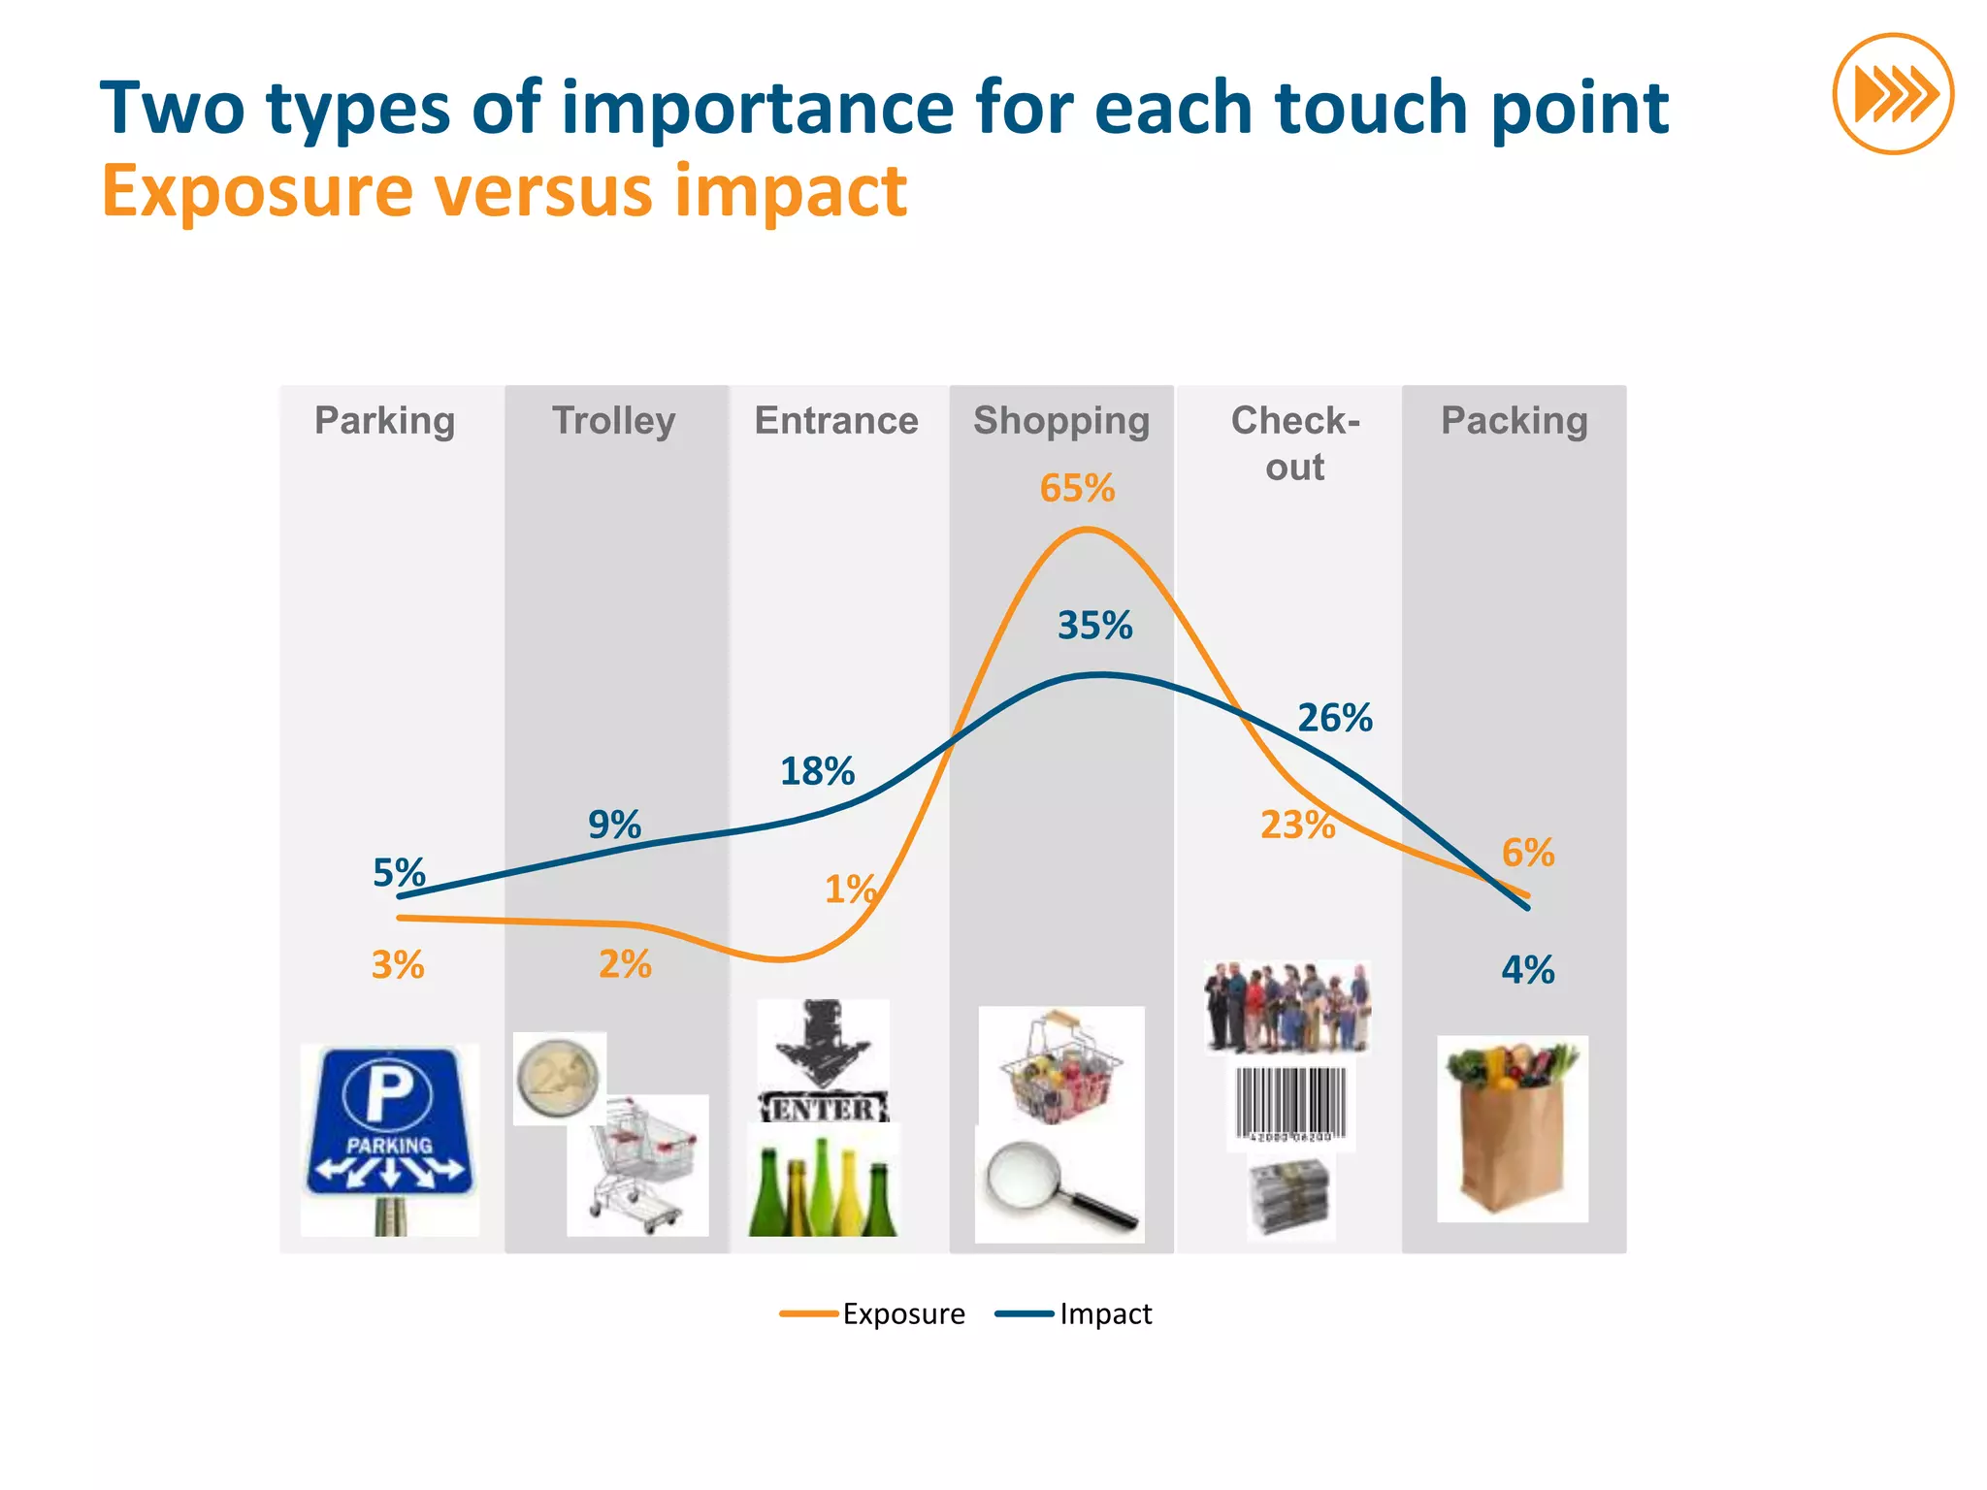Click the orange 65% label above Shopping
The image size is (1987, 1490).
tap(1077, 489)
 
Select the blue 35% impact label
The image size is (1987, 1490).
tap(1094, 626)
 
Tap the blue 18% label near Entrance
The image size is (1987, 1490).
tap(817, 772)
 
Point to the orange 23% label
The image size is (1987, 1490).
tap(1297, 825)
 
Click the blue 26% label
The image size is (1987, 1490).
tap(1335, 718)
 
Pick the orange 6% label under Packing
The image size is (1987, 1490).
tap(1528, 853)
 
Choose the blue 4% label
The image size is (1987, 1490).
tap(1528, 970)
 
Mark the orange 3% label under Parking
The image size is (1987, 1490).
tap(398, 965)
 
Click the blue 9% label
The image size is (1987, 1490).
tap(614, 825)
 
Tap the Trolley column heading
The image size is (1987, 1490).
tap(614, 421)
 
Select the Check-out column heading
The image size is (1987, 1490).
tap(1295, 443)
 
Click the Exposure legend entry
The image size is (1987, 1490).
tap(873, 1313)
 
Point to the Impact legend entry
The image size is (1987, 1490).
tap(1074, 1313)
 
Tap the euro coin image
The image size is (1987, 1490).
tap(559, 1078)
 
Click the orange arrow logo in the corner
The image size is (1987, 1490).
tap(1893, 94)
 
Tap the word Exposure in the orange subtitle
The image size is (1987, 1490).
tap(257, 191)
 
